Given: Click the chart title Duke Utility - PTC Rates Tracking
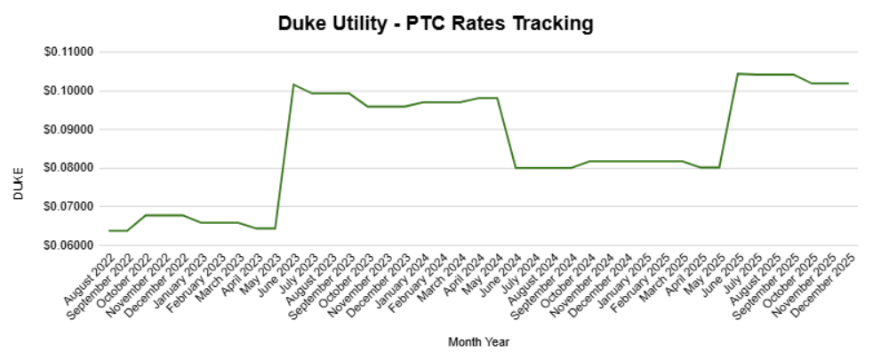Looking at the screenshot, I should point(436,24).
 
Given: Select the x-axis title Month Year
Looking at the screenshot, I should point(478,341).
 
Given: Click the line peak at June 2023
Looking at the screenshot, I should point(293,84).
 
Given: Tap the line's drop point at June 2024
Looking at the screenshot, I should point(515,168).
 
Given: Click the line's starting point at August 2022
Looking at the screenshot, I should point(109,230).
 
